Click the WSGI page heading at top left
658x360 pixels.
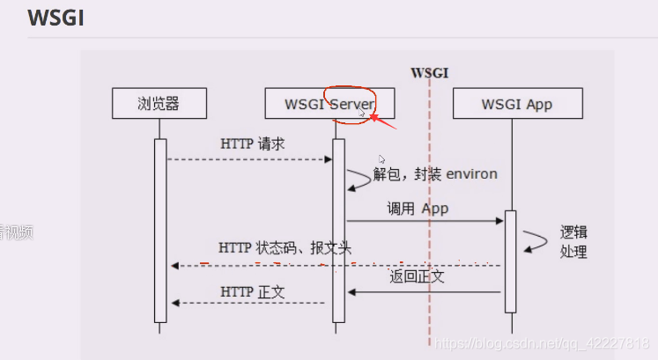pyautogui.click(x=55, y=18)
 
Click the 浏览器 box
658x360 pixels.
pyautogui.click(x=159, y=104)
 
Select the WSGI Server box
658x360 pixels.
pyautogui.click(x=329, y=104)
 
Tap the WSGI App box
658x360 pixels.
pyautogui.click(x=517, y=104)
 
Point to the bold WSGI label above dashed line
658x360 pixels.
pyautogui.click(x=430, y=73)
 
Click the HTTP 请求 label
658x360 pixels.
pyautogui.click(x=252, y=143)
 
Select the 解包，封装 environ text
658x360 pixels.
pyautogui.click(x=435, y=174)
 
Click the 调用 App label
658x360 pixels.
pyautogui.click(x=418, y=209)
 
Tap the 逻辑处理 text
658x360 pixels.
pyautogui.click(x=573, y=241)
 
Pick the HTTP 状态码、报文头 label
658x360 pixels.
pyautogui.click(x=285, y=248)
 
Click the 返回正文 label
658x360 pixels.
pyautogui.click(x=417, y=276)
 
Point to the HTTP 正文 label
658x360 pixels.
pyautogui.click(x=252, y=291)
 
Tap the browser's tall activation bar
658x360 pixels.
pyautogui.click(x=160, y=229)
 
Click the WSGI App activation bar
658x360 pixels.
pyautogui.click(x=510, y=260)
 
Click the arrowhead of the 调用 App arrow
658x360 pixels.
pyautogui.click(x=499, y=221)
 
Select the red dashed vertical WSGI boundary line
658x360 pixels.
pyautogui.click(x=430, y=264)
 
